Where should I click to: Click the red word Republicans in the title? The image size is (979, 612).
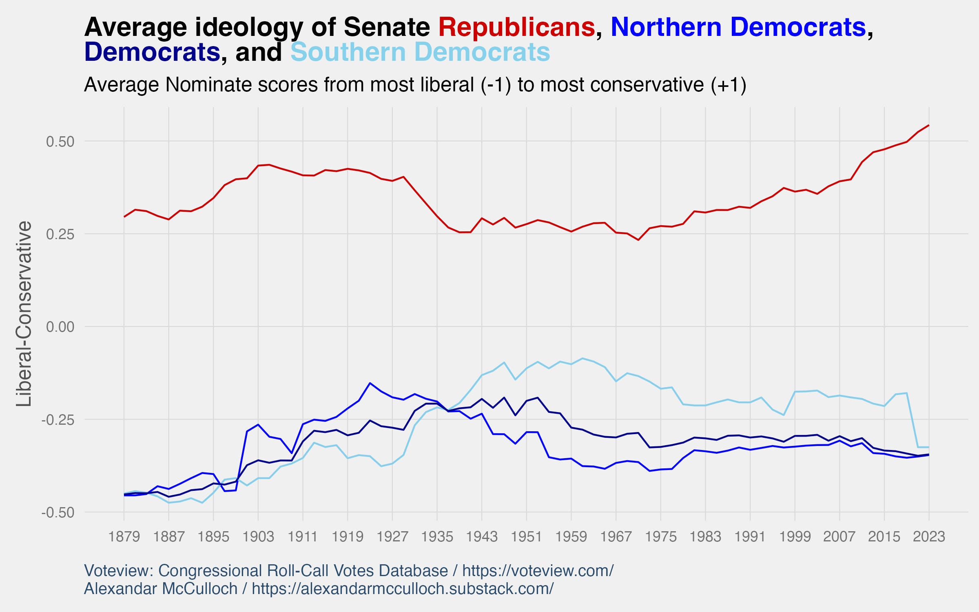(x=516, y=27)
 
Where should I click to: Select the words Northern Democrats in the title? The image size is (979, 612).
(x=738, y=27)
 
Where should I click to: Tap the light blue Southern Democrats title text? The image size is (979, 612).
(x=420, y=52)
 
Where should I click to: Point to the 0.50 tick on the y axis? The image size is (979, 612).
(x=60, y=142)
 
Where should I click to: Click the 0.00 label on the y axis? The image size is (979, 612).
(x=60, y=327)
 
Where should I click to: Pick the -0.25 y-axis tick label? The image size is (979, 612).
(x=58, y=419)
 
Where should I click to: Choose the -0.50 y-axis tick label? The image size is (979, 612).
(x=58, y=512)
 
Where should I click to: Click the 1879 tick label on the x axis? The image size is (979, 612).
(x=124, y=536)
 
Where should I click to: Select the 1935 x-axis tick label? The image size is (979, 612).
(x=437, y=536)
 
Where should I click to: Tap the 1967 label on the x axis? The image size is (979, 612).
(x=616, y=536)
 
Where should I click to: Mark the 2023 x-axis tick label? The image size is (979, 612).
(x=929, y=536)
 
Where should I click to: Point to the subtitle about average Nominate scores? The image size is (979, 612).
(x=415, y=85)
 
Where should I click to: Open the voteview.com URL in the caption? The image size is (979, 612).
(x=538, y=571)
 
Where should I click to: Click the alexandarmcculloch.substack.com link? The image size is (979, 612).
(x=403, y=589)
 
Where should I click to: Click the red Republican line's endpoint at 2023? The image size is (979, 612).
(x=929, y=125)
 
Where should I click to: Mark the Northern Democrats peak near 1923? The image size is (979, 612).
(x=370, y=383)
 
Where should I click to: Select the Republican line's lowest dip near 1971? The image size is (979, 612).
(x=638, y=240)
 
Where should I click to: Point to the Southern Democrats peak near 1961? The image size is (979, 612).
(x=583, y=358)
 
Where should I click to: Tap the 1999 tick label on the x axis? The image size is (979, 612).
(x=795, y=536)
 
